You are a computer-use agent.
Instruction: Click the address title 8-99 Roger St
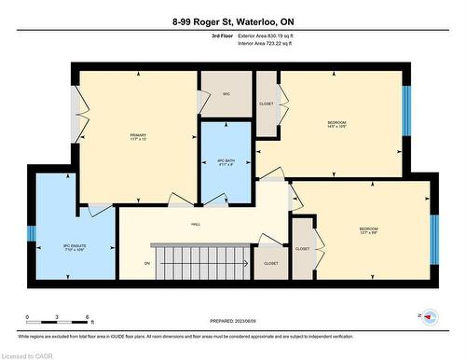(x=233, y=21)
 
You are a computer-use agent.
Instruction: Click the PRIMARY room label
(x=139, y=138)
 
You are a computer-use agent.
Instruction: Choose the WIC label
(x=226, y=94)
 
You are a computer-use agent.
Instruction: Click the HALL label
(x=197, y=224)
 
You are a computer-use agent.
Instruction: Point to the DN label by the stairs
(x=147, y=263)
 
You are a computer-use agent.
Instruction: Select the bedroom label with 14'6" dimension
(x=336, y=126)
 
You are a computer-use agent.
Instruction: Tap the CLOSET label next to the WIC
(x=267, y=104)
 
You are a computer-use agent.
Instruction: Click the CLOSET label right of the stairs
(x=271, y=264)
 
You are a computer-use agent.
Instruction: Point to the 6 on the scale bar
(x=88, y=318)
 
